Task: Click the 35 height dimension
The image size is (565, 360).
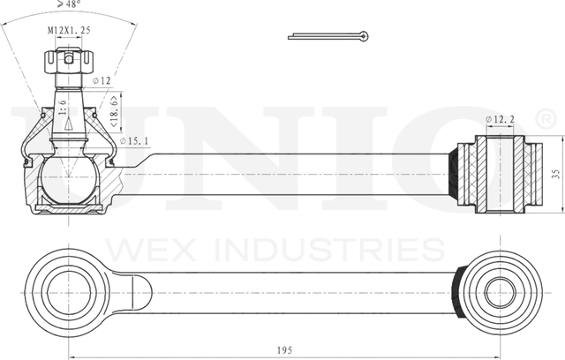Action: point(553,173)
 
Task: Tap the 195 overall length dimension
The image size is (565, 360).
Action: point(283,350)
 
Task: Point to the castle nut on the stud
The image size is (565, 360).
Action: point(69,64)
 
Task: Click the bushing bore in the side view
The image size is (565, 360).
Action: point(500,173)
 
